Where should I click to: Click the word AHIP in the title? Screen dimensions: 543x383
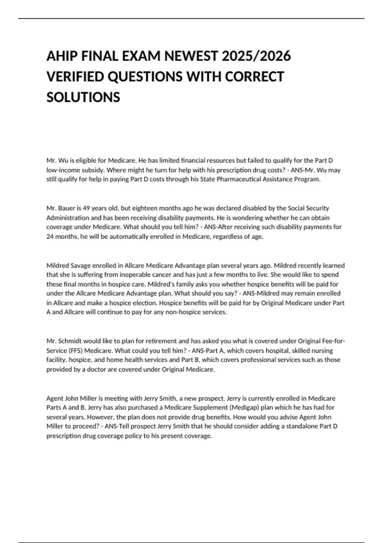pos(62,56)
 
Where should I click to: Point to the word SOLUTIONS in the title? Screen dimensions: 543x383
pos(83,97)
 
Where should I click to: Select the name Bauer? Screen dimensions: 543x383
pos(67,208)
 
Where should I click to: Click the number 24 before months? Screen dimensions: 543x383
pos(50,237)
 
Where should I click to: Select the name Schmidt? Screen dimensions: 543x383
pos(70,341)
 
